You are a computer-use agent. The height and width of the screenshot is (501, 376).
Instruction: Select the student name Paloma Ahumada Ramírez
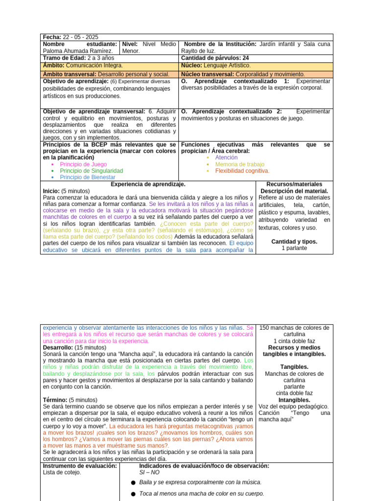[x=78, y=50]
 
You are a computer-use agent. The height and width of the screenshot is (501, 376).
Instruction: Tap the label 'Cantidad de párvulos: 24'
[x=215, y=58]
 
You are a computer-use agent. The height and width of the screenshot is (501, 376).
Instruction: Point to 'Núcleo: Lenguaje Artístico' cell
[x=216, y=65]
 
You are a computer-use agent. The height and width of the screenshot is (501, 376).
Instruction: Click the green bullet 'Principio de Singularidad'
[x=91, y=171]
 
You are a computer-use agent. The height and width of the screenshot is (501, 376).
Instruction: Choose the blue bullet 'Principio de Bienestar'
[x=87, y=178]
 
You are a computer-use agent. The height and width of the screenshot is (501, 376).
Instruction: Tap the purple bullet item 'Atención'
[x=226, y=158]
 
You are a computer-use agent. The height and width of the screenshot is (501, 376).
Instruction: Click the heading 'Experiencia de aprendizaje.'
[x=148, y=184]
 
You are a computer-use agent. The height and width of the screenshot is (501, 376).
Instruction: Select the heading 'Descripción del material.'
[x=294, y=191]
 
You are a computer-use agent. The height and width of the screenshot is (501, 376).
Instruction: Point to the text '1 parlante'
[x=294, y=248]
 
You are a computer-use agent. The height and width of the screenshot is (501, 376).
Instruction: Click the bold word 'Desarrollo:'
[x=58, y=347]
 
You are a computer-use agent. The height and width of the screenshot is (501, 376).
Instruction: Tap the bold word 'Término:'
[x=54, y=400]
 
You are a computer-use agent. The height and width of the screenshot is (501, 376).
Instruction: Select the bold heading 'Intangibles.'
[x=294, y=400]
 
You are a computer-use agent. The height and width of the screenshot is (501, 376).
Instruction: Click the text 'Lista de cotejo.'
[x=62, y=473]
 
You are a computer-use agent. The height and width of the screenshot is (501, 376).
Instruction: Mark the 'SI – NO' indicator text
[x=149, y=473]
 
